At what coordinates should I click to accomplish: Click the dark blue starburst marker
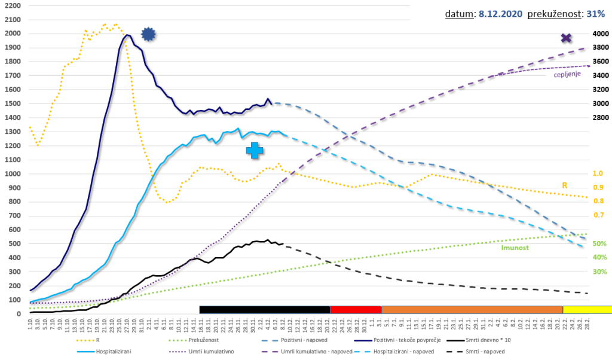[148, 35]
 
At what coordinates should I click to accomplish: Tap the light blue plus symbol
[255, 151]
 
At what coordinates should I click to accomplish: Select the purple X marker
[567, 39]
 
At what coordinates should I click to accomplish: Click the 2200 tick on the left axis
[12, 5]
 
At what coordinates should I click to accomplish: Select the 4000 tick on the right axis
[600, 34]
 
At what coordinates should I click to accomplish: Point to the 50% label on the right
[599, 244]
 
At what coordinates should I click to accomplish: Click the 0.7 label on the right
[598, 215]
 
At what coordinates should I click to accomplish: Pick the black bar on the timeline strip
[265, 309]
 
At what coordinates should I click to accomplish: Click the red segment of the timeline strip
[356, 309]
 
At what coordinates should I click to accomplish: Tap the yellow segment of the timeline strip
[587, 309]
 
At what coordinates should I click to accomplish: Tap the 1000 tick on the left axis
[12, 174]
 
